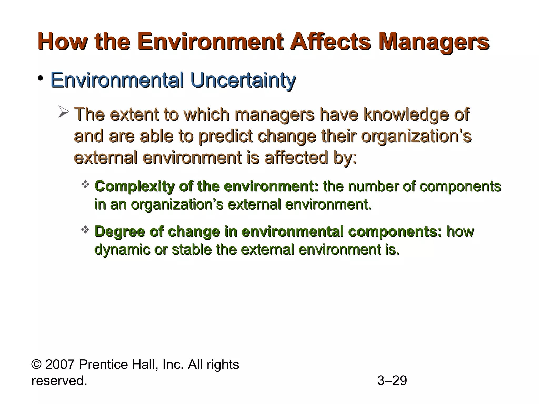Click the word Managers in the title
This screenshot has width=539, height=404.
pyautogui.click(x=433, y=42)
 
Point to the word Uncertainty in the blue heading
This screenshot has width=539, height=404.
pyautogui.click(x=243, y=80)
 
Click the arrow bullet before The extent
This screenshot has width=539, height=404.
pyautogui.click(x=63, y=112)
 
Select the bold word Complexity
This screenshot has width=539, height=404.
pyautogui.click(x=134, y=187)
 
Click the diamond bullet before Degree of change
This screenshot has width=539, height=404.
pyautogui.click(x=85, y=230)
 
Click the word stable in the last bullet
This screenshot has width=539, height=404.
pyautogui.click(x=192, y=249)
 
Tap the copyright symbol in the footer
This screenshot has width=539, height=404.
pyautogui.click(x=36, y=365)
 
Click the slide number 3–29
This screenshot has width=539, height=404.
pyautogui.click(x=392, y=381)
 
